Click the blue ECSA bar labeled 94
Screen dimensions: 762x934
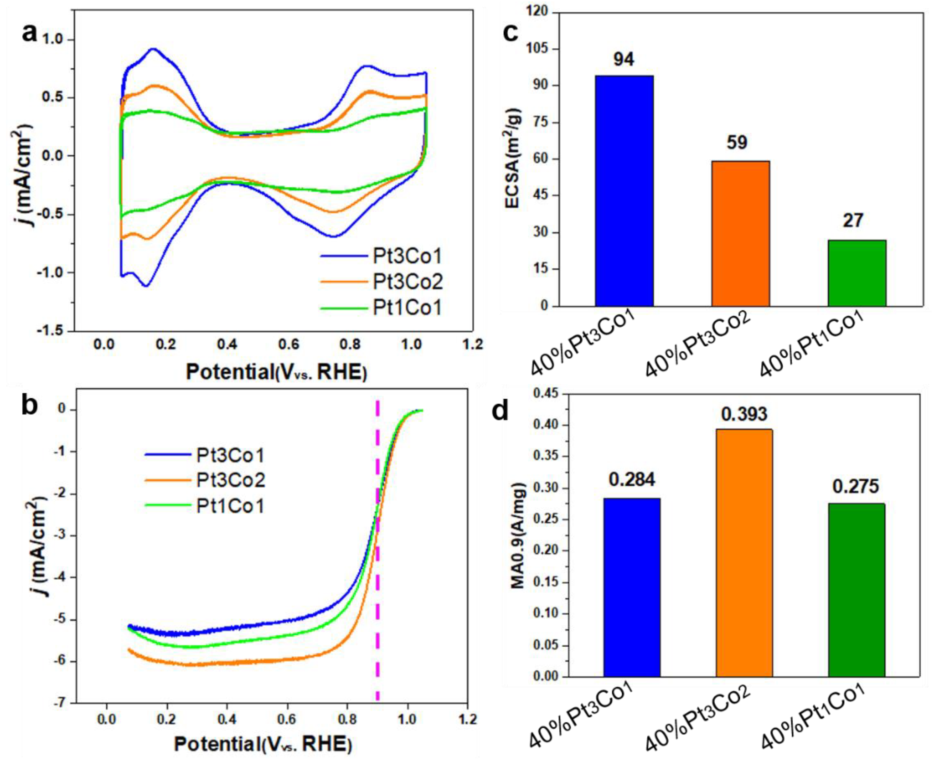(x=624, y=191)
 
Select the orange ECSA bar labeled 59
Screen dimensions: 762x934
(x=740, y=233)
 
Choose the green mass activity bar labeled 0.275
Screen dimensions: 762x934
(x=856, y=590)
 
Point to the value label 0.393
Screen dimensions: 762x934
(x=745, y=414)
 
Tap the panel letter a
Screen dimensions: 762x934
(x=30, y=33)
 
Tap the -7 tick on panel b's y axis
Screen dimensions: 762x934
(x=59, y=703)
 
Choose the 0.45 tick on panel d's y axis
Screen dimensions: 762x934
(x=544, y=394)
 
